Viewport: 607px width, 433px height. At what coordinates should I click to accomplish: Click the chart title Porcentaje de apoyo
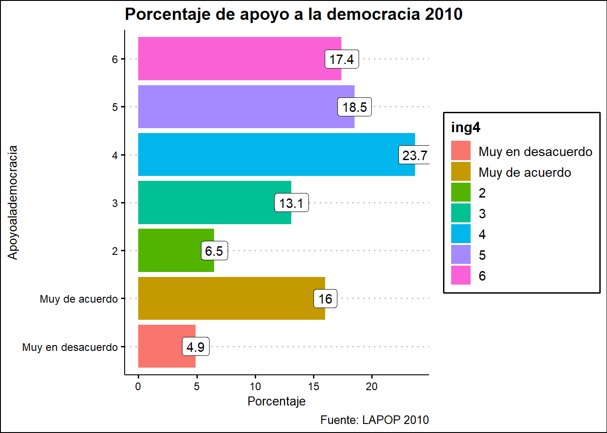(x=294, y=14)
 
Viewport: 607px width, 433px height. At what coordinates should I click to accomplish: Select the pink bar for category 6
(x=235, y=59)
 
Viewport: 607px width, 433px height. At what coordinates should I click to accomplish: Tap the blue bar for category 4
(x=266, y=155)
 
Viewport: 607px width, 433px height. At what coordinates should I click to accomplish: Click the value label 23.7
(x=414, y=155)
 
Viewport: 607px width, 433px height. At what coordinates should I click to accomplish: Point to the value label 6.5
(x=214, y=251)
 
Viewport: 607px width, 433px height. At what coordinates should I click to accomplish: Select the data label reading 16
(x=325, y=299)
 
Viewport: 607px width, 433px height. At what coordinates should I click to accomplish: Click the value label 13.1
(x=291, y=203)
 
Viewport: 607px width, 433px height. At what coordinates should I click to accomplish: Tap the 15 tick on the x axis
(x=313, y=387)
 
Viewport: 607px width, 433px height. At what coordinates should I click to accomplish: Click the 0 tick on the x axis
(x=138, y=387)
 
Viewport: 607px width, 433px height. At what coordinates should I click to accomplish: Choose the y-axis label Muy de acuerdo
(x=79, y=299)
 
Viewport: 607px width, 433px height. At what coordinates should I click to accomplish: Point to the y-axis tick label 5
(x=115, y=107)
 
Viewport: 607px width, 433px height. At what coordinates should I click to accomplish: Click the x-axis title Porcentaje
(x=276, y=401)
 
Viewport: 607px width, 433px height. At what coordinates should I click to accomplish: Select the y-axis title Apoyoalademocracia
(x=13, y=202)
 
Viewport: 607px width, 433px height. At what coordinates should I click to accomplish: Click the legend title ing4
(x=466, y=128)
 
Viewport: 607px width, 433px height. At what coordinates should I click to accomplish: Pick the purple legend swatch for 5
(x=461, y=255)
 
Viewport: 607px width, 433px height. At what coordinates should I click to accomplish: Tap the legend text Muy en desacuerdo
(x=535, y=152)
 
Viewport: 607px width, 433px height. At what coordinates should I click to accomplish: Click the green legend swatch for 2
(x=461, y=193)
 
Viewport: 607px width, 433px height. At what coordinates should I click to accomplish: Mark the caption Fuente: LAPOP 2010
(x=374, y=420)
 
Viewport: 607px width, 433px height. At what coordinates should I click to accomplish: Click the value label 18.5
(x=355, y=107)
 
